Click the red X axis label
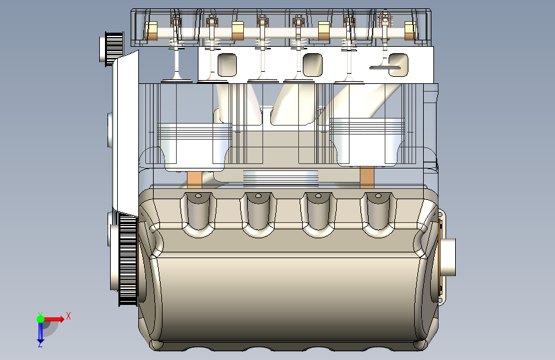pyautogui.click(x=68, y=316)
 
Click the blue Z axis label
pyautogui.click(x=40, y=344)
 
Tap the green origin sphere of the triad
pyautogui.click(x=41, y=319)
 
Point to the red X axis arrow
pyautogui.click(x=54, y=319)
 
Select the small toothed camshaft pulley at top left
pyautogui.click(x=112, y=48)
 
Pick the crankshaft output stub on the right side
pyautogui.click(x=448, y=258)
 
